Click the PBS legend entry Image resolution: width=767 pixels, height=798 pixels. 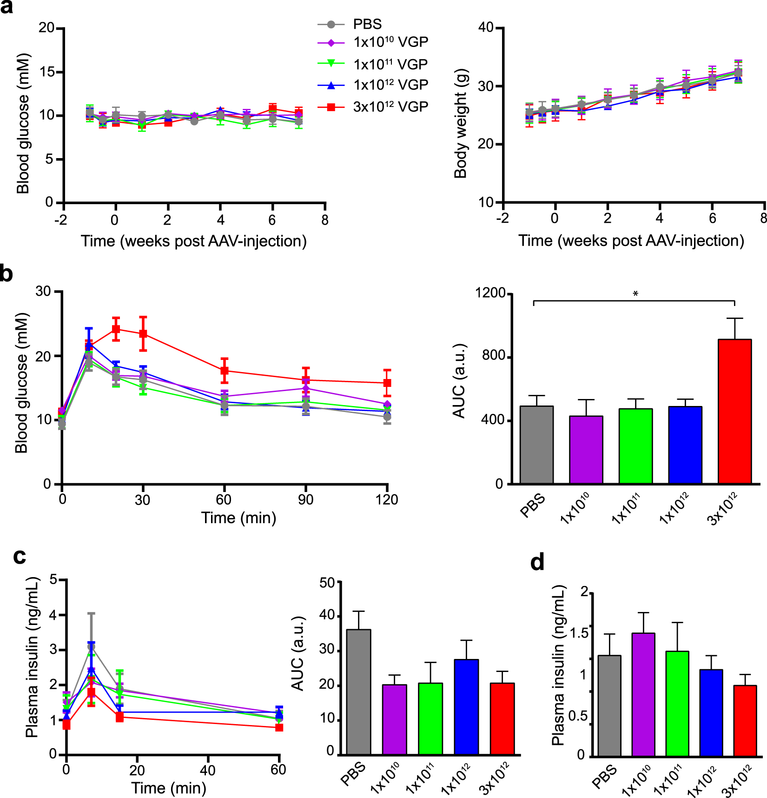[367, 24]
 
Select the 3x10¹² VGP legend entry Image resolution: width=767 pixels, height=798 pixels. [390, 107]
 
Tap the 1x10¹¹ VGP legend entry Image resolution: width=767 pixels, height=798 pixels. [390, 64]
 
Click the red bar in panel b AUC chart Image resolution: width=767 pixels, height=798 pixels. [734, 412]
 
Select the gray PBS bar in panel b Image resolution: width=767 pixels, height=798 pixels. [536, 445]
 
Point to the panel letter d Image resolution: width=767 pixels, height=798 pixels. [537, 563]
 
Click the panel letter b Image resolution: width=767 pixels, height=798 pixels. [7, 273]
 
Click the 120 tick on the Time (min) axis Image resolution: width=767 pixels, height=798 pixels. [387, 500]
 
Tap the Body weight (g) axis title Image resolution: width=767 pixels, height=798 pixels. [460, 124]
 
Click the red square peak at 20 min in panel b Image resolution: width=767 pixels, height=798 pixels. [116, 329]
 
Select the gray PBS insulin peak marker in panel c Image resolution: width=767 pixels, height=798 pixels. [91, 647]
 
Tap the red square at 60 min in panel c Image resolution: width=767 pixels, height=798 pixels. [279, 727]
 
